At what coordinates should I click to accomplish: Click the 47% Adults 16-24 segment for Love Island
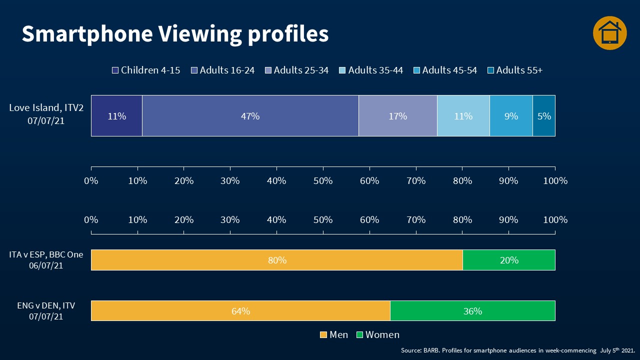click(250, 116)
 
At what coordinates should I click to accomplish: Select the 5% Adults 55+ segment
click(544, 116)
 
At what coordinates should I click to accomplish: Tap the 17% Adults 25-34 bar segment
click(397, 116)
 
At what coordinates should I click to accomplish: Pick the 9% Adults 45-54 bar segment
click(511, 116)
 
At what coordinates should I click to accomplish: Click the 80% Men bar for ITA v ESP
click(276, 260)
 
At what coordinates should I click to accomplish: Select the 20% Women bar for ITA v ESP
click(509, 260)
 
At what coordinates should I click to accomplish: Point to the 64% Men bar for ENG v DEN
click(240, 311)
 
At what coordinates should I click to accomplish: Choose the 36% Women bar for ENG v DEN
click(472, 311)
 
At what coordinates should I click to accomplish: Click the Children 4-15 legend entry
click(146, 70)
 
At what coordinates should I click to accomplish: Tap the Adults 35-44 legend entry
click(371, 70)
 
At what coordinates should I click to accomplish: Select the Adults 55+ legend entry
click(515, 70)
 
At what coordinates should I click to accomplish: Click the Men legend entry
click(334, 335)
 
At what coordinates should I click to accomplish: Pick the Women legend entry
click(378, 335)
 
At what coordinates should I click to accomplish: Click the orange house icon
click(609, 33)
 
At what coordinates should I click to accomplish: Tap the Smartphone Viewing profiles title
click(175, 34)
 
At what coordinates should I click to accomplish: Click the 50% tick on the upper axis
click(323, 180)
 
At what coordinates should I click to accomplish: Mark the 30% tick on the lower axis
click(230, 219)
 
